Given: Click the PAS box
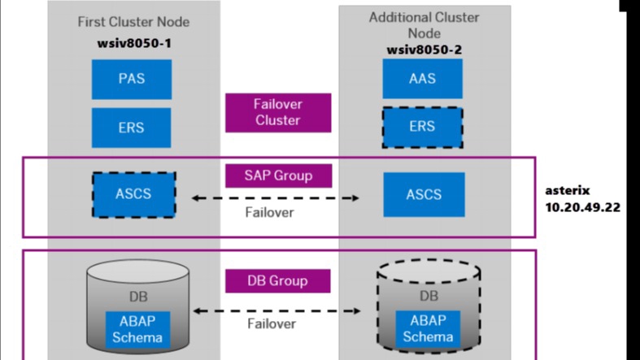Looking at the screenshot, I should pos(131,79).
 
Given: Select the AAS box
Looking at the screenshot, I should pos(422,79).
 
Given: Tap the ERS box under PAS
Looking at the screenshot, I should pos(131,127).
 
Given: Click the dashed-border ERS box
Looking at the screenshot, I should pos(422,127).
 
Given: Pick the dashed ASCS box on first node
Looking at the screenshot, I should pos(133,194).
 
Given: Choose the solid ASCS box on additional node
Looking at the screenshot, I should pos(424,194).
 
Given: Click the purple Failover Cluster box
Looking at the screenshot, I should pos(277,112).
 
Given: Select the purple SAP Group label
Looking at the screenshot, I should pos(277,175).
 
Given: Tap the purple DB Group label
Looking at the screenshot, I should pos(277,281).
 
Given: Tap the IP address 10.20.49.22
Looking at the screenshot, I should pos(582,207).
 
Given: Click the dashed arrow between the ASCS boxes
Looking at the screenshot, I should pos(276,197).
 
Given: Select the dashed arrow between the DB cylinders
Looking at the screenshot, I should pos(276,310).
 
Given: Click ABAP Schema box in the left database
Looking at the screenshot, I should pos(135,328).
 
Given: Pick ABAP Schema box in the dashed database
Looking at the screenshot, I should pos(428,328).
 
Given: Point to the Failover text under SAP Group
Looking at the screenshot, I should pos(269,213).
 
